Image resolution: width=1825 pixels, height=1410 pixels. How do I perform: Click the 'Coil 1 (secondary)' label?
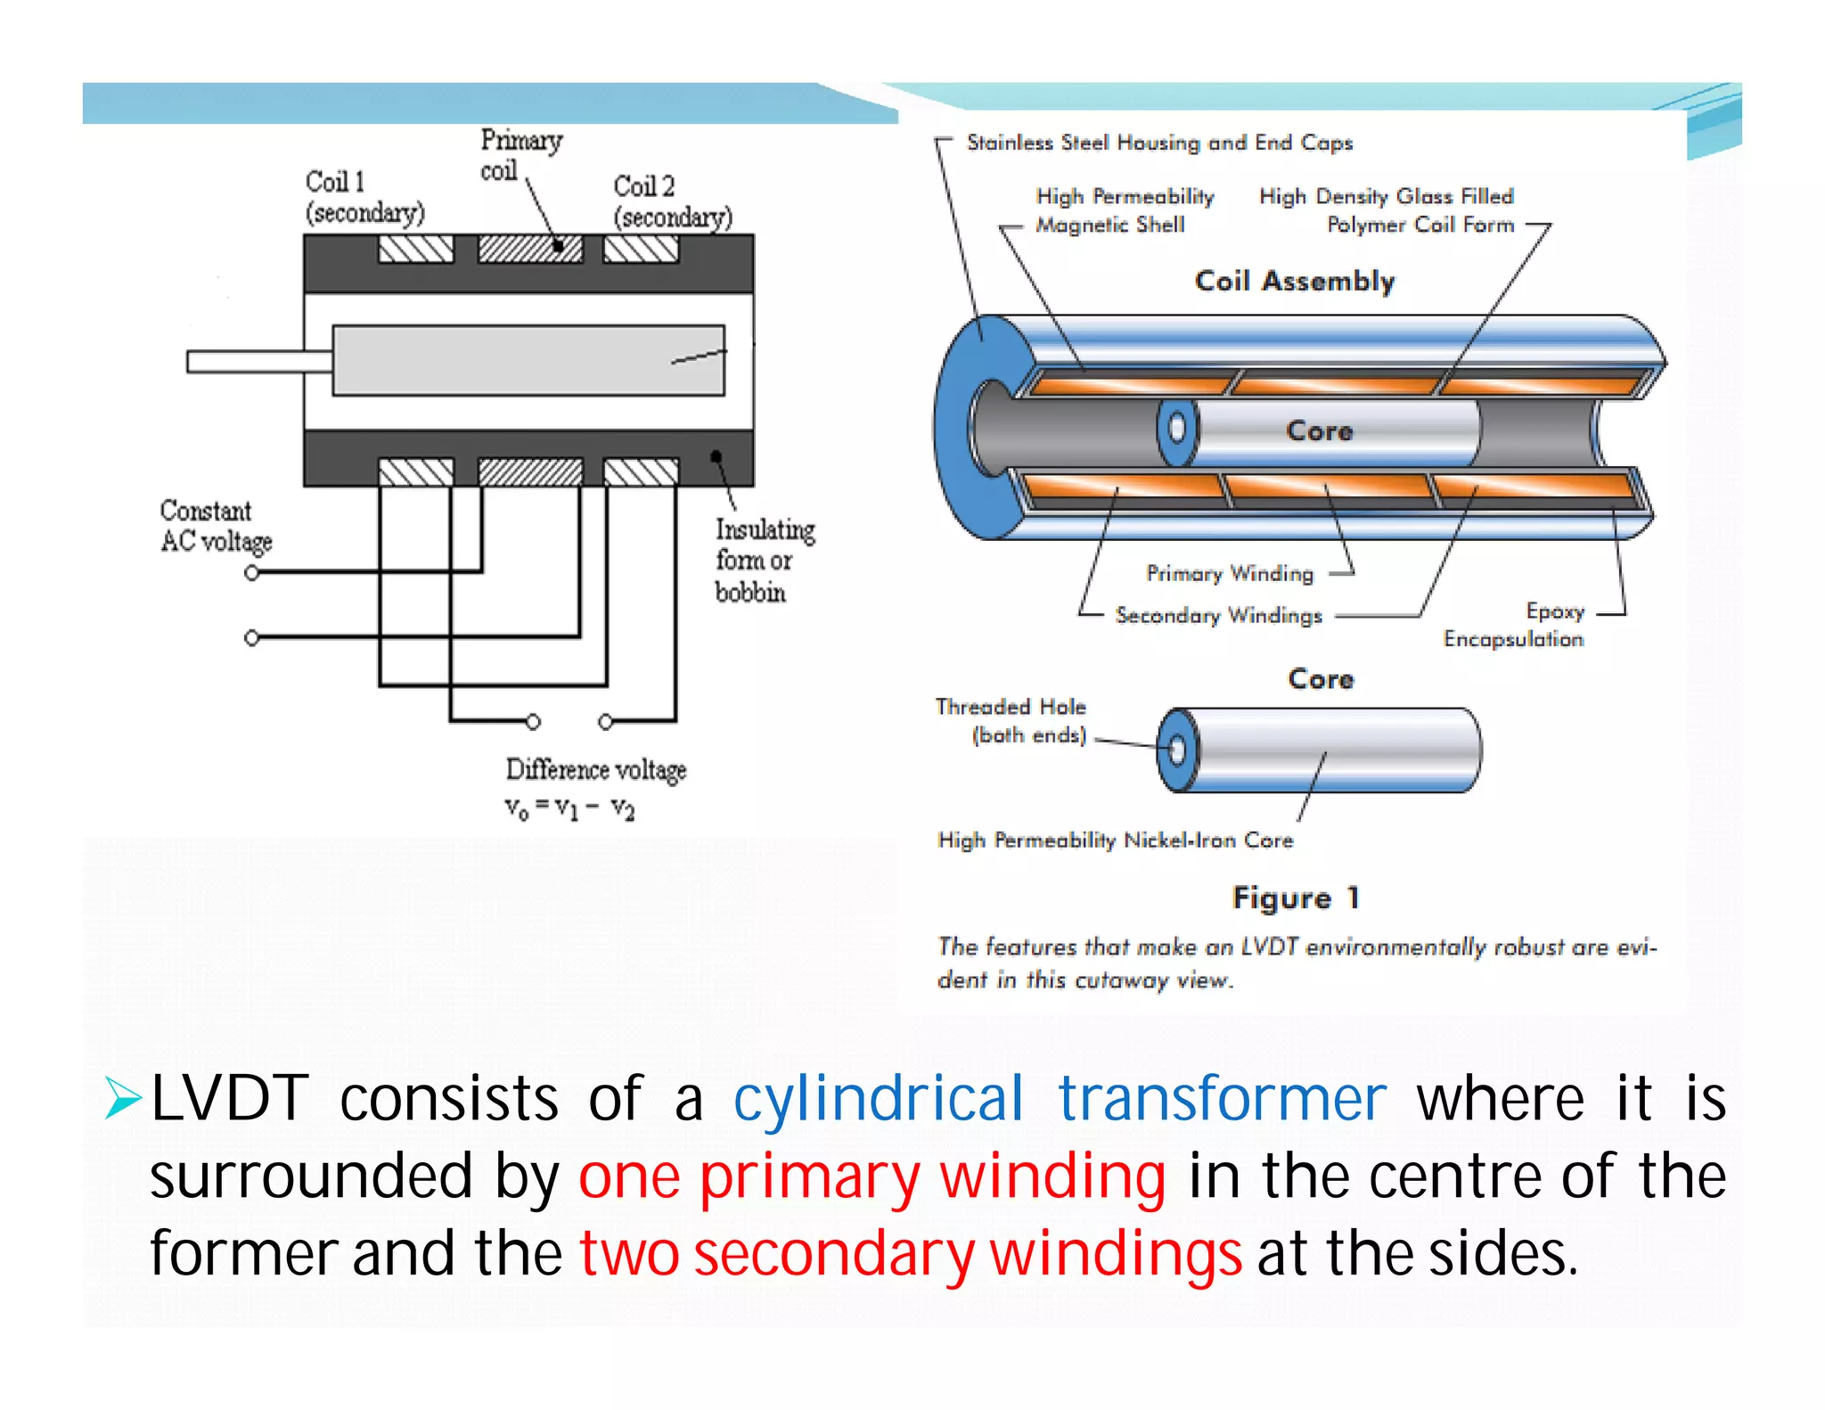pyautogui.click(x=364, y=197)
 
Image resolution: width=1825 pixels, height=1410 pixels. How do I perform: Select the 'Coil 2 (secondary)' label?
pyautogui.click(x=671, y=201)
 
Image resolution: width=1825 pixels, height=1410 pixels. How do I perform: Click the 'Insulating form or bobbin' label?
pyautogui.click(x=763, y=561)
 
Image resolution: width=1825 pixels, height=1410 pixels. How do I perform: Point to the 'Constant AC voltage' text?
pyautogui.click(x=215, y=526)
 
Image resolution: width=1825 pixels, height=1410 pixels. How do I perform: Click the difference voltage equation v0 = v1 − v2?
pyautogui.click(x=569, y=807)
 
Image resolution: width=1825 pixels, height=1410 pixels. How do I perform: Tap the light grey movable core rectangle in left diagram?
pyautogui.click(x=528, y=360)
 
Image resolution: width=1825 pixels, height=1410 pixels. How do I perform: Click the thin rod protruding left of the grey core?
pyautogui.click(x=258, y=361)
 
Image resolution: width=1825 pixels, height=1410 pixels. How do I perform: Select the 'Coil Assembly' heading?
pyautogui.click(x=1294, y=281)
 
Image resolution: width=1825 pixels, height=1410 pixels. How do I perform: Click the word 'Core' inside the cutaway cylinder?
pyautogui.click(x=1319, y=431)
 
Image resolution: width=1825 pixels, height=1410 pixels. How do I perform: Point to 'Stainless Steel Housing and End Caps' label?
pyautogui.click(x=1158, y=143)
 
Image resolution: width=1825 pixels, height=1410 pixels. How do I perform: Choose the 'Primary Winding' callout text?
pyautogui.click(x=1229, y=573)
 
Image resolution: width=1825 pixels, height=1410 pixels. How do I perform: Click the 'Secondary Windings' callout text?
pyautogui.click(x=1218, y=615)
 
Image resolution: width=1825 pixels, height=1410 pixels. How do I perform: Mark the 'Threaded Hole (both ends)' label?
pyautogui.click(x=1011, y=720)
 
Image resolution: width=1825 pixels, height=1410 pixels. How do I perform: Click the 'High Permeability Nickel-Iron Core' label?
pyautogui.click(x=1114, y=840)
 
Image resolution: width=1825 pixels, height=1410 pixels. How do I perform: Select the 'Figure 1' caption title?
pyautogui.click(x=1295, y=898)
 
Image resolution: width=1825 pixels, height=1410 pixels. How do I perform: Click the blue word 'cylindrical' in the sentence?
pyautogui.click(x=878, y=1098)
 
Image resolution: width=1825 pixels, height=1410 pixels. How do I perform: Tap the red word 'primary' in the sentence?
pyautogui.click(x=808, y=1176)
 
